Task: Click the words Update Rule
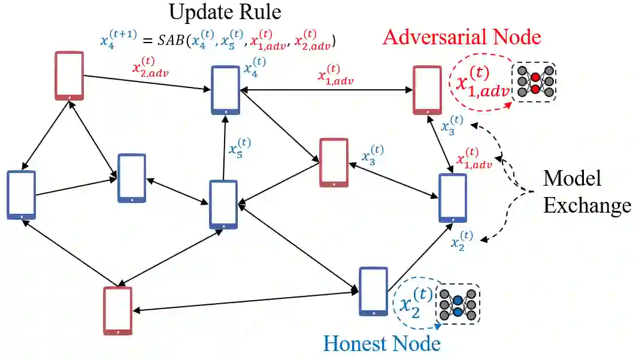225,11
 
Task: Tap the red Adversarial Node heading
461,37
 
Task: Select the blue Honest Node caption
381,344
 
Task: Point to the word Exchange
588,205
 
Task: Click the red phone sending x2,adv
69,75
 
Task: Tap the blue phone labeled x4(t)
225,90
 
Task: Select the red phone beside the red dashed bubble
427,90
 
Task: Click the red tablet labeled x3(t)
334,162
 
